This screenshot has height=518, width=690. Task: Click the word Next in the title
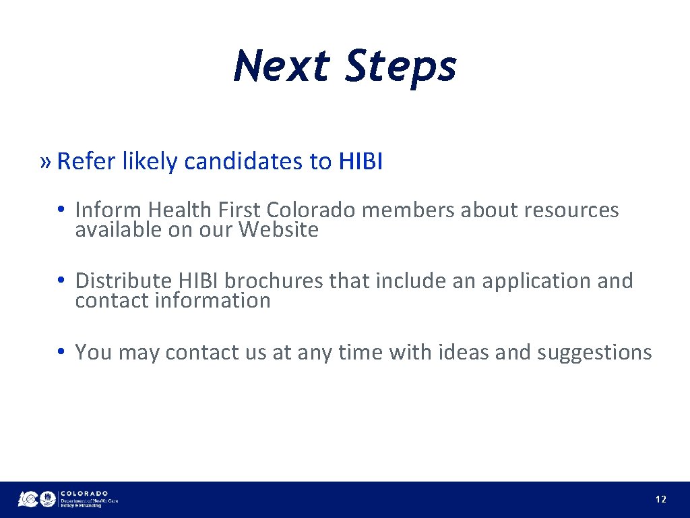click(x=282, y=66)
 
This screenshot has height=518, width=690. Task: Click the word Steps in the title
click(x=400, y=66)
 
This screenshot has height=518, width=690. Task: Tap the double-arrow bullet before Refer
click(x=45, y=162)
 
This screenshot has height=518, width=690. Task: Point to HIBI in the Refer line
click(x=360, y=162)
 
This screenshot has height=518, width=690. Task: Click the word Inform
click(x=108, y=210)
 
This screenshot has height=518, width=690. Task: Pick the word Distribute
click(x=125, y=281)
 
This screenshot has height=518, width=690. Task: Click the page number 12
click(x=661, y=500)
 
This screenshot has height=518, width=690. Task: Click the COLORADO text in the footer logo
click(x=84, y=493)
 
